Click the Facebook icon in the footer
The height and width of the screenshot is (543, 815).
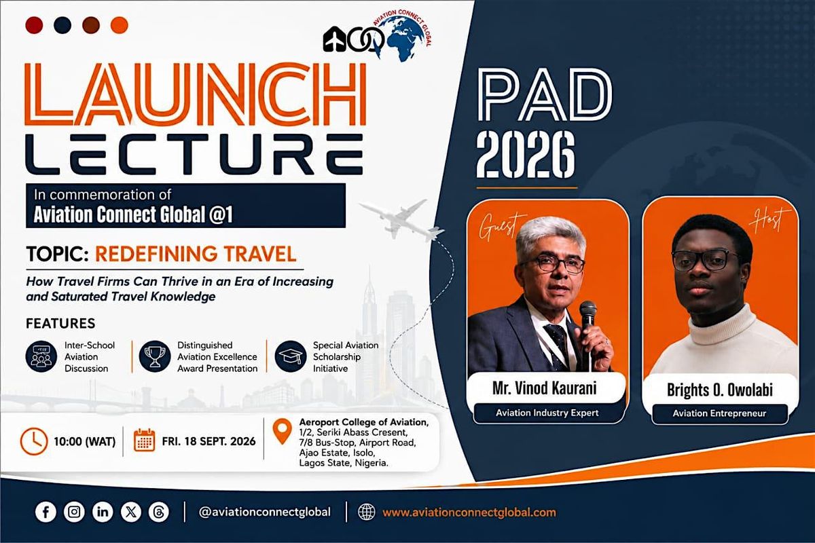46,512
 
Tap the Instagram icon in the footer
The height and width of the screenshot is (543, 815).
74,512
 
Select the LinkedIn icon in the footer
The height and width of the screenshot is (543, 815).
103,512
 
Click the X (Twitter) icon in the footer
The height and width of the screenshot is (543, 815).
131,512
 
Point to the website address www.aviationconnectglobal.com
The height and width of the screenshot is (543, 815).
469,512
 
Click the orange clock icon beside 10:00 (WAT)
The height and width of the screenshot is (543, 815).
34,442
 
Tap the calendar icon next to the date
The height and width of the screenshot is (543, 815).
145,441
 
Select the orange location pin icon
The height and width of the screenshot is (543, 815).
283,431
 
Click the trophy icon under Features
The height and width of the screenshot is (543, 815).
155,356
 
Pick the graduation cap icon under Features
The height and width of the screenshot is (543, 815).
291,356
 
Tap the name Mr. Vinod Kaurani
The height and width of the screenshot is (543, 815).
545,388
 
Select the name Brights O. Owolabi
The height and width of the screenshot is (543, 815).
720,390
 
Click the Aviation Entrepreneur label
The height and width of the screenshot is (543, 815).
719,413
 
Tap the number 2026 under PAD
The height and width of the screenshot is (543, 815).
526,155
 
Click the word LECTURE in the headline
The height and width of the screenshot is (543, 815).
195,154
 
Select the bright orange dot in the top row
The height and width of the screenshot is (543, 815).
120,25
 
